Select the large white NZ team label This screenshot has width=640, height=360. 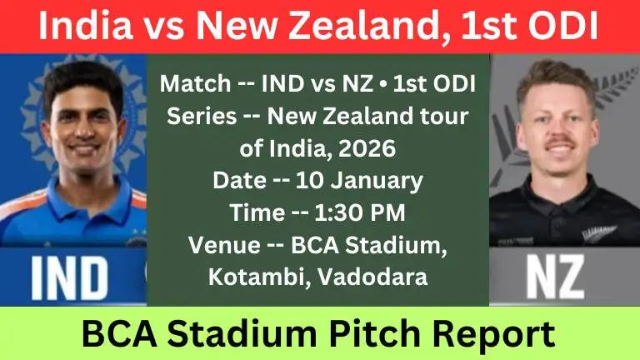click(x=566, y=278)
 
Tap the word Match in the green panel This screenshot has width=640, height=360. click(x=192, y=84)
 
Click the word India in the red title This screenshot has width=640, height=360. click(x=78, y=26)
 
